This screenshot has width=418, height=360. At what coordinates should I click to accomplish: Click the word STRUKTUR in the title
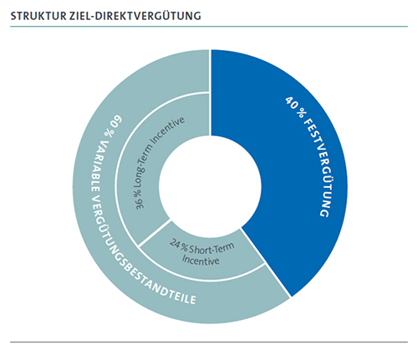[35, 16]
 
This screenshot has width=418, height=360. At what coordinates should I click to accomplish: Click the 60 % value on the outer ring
[113, 126]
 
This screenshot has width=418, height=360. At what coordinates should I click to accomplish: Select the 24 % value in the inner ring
[179, 246]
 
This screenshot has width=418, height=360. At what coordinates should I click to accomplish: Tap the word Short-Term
[212, 248]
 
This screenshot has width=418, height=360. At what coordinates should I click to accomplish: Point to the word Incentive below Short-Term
[201, 260]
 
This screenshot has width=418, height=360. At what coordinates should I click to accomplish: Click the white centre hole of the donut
[211, 186]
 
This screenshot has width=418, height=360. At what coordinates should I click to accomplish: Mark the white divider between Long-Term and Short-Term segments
[155, 233]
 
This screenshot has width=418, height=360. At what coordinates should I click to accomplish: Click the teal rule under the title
[209, 27]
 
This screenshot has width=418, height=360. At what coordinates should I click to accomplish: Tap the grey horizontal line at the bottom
[209, 342]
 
